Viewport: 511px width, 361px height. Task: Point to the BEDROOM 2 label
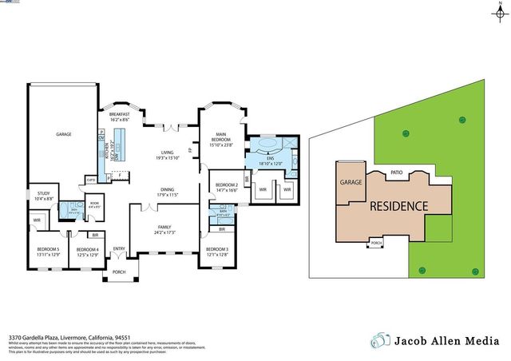click(227, 185)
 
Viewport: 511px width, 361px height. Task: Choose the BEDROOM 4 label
click(87, 249)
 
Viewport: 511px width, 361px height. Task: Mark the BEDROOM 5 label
click(48, 249)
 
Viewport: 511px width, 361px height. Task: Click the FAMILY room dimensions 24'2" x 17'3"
click(164, 232)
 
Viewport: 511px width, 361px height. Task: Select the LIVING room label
click(167, 152)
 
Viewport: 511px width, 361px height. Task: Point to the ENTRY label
click(119, 248)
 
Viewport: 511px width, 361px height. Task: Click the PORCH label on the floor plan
click(119, 272)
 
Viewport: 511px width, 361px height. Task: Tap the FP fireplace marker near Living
click(190, 150)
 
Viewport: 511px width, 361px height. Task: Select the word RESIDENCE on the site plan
click(398, 205)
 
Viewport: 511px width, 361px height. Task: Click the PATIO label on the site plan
click(396, 172)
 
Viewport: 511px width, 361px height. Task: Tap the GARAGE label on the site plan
click(351, 182)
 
